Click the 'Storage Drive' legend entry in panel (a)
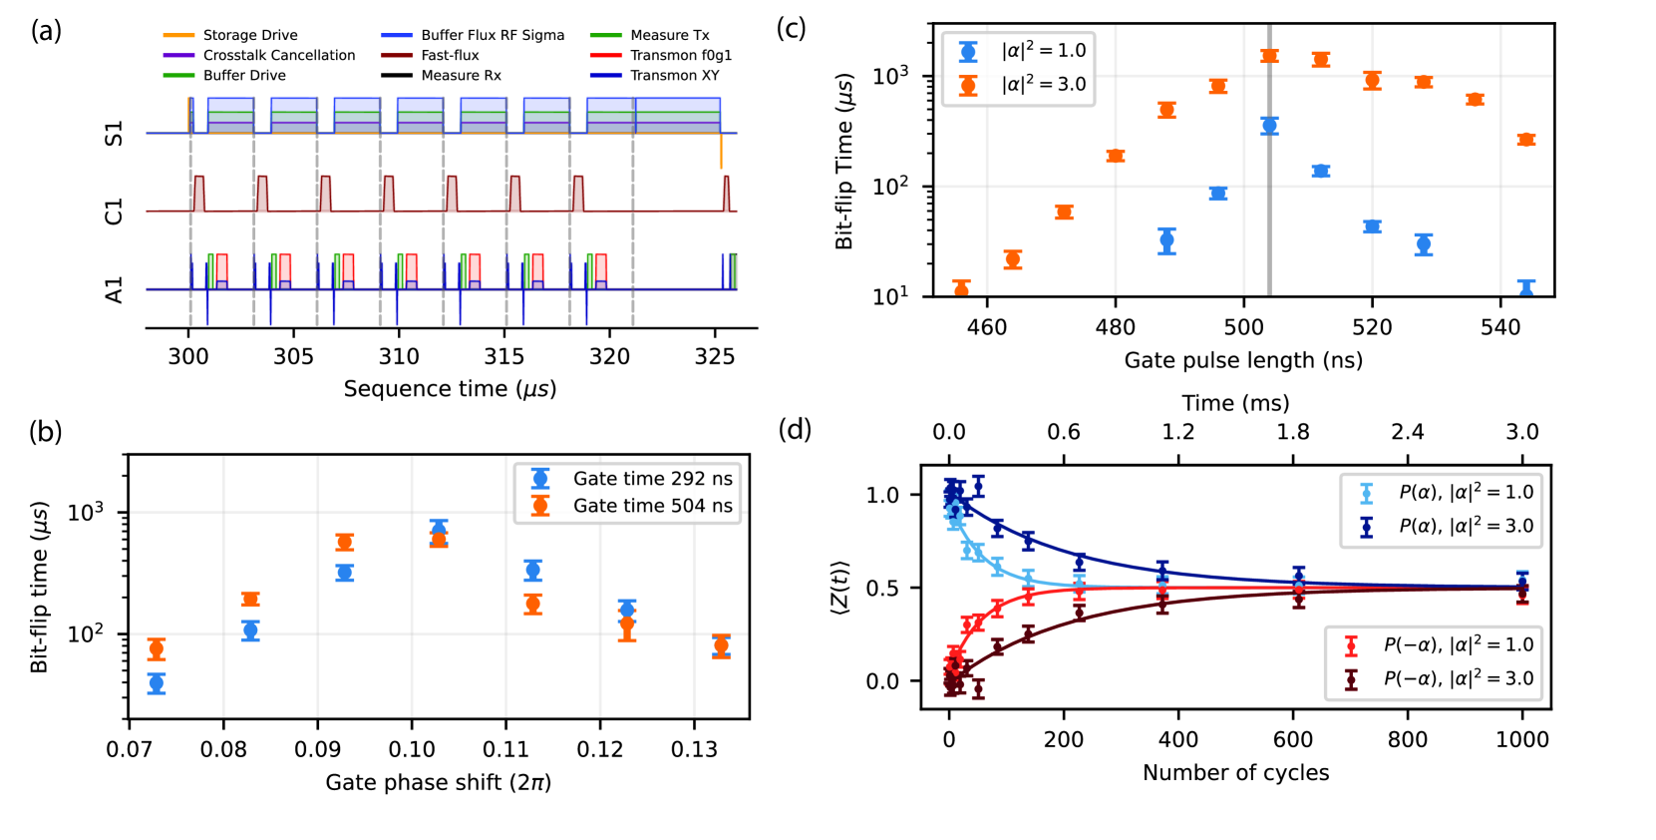click(249, 35)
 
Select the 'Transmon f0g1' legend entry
click(681, 55)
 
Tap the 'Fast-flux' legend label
click(450, 55)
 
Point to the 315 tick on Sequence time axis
click(504, 356)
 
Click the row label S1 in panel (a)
click(115, 133)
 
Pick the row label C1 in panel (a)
click(115, 210)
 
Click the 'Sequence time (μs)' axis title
click(450, 388)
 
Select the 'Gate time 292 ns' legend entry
click(652, 479)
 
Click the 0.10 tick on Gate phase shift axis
click(412, 749)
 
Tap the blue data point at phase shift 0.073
click(157, 683)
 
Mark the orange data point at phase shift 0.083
click(250, 599)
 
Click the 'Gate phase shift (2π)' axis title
click(438, 782)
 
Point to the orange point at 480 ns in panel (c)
click(1116, 156)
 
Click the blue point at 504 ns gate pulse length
click(1269, 126)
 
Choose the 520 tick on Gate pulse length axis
click(1372, 327)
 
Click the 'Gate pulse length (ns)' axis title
click(1243, 360)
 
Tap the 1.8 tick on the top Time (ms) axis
click(1293, 432)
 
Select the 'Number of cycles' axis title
click(1235, 772)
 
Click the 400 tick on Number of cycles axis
click(1178, 739)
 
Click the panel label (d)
click(795, 429)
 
